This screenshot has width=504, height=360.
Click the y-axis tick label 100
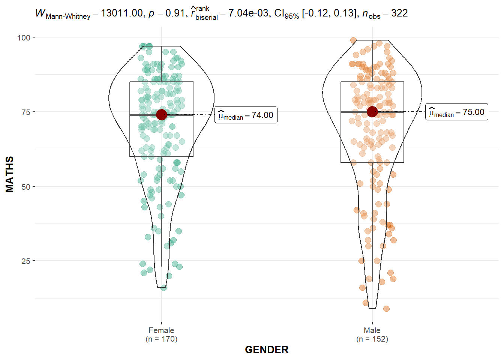coord(23,37)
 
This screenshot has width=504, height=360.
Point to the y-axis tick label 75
coord(25,112)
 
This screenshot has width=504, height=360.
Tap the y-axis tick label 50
coord(25,187)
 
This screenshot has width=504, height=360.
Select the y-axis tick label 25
coord(25,261)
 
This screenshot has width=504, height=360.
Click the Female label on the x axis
coord(161,330)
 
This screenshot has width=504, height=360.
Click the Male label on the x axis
coord(372,330)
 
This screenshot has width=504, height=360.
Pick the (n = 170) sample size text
coord(161,339)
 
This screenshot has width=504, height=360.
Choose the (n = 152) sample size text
coord(372,339)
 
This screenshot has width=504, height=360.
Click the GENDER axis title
coord(267,349)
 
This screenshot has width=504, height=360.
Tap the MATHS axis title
coord(10,174)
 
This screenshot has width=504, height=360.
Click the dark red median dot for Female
coord(162,115)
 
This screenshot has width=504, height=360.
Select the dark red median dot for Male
coord(372,111)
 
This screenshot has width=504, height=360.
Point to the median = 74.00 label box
coord(246,115)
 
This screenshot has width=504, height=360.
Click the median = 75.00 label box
coord(457,112)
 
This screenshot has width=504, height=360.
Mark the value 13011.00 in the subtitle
coord(122,13)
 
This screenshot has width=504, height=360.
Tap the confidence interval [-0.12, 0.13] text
coord(329,13)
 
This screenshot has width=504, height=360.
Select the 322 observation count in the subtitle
coord(399,13)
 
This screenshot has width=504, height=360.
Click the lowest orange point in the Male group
coord(386,309)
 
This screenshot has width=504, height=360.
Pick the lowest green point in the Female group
coord(163,288)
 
